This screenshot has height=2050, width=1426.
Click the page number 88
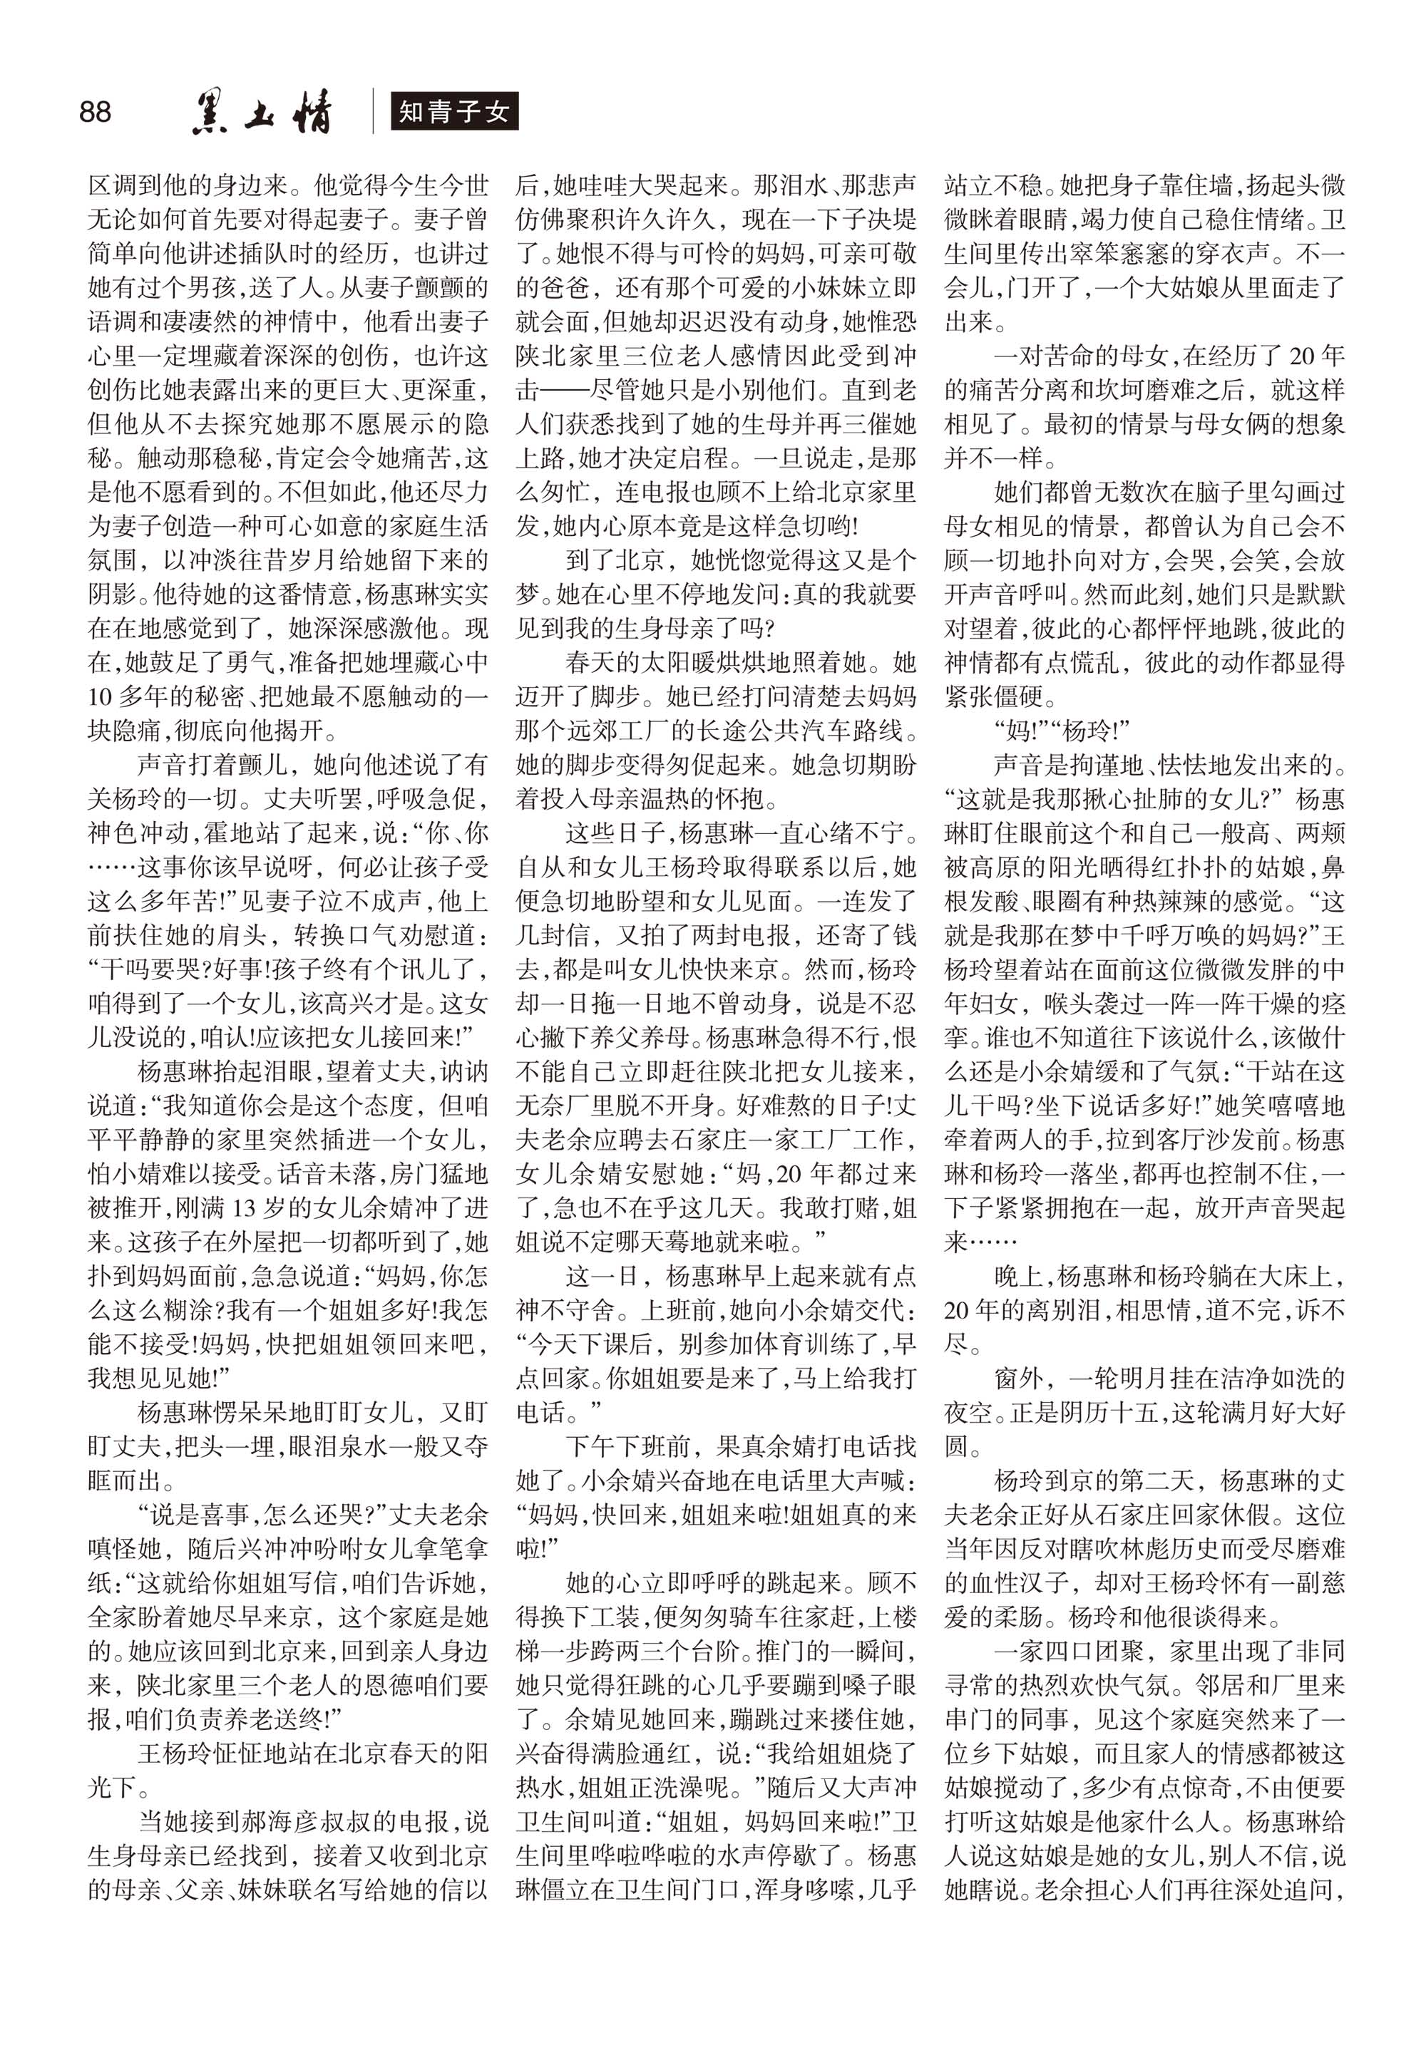(96, 113)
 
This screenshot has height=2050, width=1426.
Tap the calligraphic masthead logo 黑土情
(262, 114)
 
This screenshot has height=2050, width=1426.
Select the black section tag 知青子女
(453, 113)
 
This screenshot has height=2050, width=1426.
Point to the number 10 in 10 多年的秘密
(100, 696)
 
